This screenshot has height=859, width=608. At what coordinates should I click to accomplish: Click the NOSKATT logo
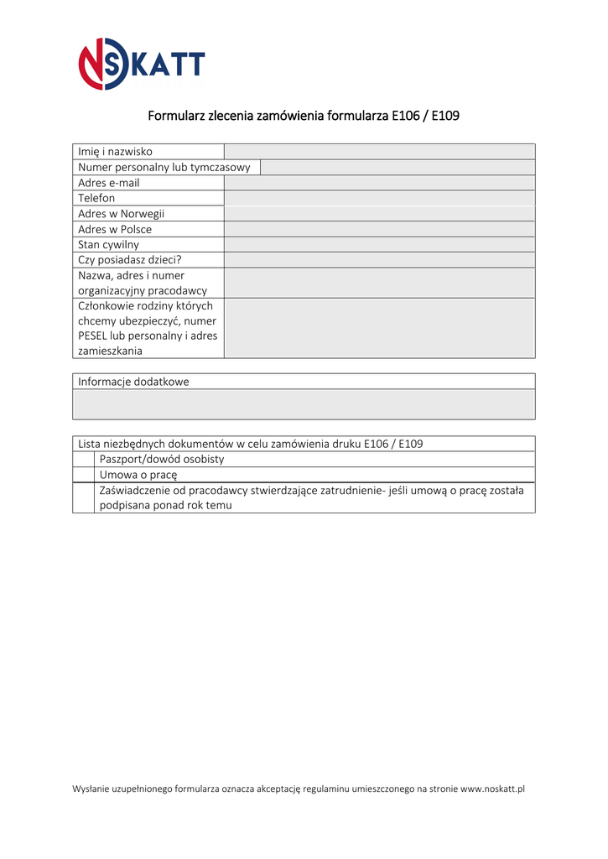point(141,65)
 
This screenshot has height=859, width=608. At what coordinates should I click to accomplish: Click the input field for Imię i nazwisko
point(379,152)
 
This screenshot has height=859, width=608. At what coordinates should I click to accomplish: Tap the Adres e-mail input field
point(379,183)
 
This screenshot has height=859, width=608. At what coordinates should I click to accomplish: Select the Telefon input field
point(379,198)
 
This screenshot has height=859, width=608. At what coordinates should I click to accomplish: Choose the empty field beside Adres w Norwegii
point(379,214)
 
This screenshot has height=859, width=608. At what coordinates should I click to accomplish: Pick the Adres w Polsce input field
point(379,229)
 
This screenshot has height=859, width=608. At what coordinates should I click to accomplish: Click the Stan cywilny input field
point(379,245)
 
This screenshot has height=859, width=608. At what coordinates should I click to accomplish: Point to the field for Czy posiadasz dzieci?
point(379,260)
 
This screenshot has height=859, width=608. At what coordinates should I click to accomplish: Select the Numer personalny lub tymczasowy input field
point(398,168)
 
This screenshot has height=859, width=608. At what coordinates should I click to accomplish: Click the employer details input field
point(379,283)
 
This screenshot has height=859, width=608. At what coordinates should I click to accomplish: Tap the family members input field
point(379,328)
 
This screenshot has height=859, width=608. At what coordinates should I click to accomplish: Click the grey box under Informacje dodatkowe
point(304,404)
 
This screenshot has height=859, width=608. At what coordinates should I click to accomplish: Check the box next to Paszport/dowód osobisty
point(83,460)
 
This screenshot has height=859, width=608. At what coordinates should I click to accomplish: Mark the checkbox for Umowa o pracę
point(83,475)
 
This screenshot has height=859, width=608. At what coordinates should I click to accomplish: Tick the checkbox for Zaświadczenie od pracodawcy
point(83,497)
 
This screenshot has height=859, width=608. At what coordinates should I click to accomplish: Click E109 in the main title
point(445,116)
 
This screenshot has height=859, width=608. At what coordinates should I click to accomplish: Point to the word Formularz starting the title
point(176,116)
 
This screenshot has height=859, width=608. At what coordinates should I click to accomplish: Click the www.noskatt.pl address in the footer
point(492,789)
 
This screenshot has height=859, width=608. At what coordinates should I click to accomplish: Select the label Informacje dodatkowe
point(134,382)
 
